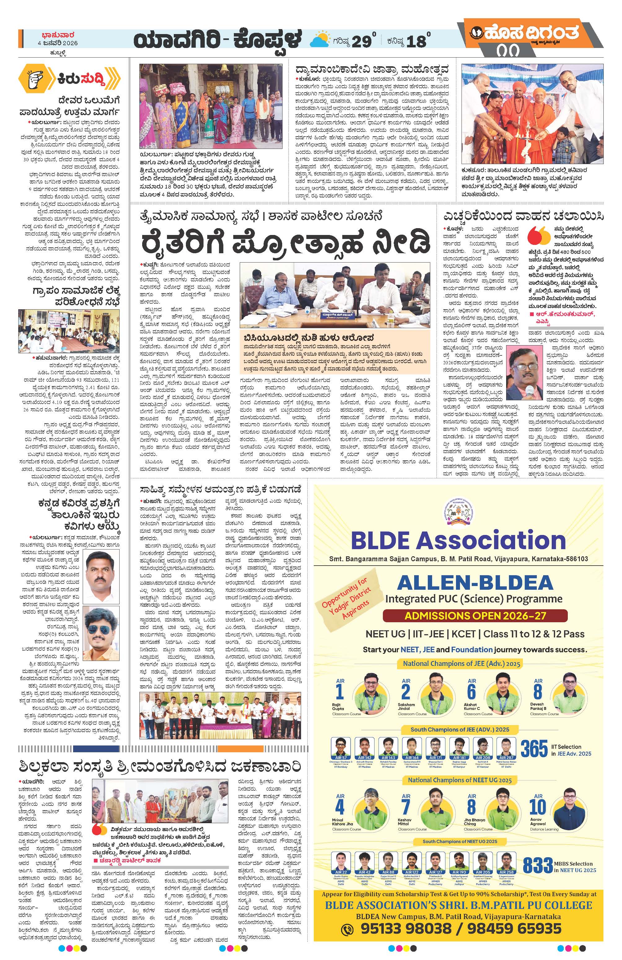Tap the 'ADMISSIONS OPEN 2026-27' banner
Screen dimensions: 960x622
point(469,615)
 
